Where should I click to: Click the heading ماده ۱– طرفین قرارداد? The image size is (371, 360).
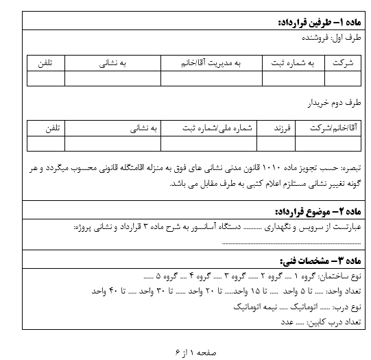(315, 23)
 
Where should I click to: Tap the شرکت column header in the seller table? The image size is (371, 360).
(341, 63)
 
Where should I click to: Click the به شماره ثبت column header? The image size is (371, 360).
(291, 63)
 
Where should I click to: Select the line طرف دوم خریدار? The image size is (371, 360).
(333, 103)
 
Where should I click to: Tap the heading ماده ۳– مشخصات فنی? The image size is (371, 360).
(318, 261)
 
